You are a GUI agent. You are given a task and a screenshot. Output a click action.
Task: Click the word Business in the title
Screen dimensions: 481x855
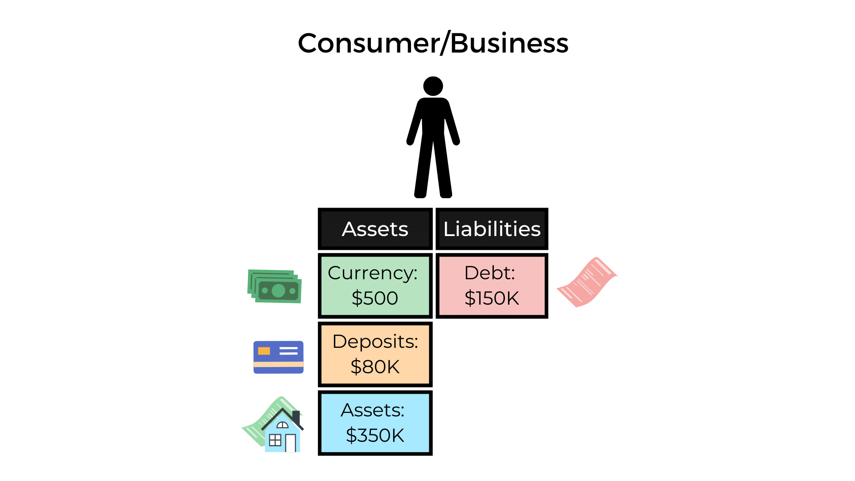pos(509,44)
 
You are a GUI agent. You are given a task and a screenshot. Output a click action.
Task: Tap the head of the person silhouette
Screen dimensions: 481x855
pos(433,86)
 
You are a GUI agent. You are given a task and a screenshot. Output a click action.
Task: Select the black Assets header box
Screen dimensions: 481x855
pos(375,229)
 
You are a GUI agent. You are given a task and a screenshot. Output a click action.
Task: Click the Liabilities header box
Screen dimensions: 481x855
pos(492,229)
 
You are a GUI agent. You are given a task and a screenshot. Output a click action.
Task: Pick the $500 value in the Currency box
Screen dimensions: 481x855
pos(375,298)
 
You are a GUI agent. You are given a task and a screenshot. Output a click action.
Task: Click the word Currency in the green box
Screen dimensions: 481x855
pos(372,273)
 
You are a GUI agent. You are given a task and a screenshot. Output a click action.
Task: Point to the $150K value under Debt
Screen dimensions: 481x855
pos(492,298)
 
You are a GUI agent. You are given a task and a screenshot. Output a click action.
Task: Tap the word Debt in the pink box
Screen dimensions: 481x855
pos(489,273)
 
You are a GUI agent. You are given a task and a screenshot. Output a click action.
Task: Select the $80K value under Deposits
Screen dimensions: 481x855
pos(375,367)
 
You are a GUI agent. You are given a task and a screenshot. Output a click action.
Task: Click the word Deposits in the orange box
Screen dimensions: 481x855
pos(375,342)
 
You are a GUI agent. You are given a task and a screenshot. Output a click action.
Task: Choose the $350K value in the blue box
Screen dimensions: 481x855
pos(375,435)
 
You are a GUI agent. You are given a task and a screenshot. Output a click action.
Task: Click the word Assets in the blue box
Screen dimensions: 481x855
pos(372,410)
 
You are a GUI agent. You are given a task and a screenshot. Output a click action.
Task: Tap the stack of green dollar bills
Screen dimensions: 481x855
pos(275,287)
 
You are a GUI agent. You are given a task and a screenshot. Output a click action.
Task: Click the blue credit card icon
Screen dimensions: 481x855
pos(278,357)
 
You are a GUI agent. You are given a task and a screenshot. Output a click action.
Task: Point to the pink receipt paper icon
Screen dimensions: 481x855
pos(587,282)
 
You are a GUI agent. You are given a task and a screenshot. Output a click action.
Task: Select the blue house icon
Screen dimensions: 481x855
pos(282,431)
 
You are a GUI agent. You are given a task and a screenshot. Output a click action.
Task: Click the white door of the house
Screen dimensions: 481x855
pos(290,443)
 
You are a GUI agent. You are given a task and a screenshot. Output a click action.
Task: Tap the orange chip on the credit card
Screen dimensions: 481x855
pos(264,351)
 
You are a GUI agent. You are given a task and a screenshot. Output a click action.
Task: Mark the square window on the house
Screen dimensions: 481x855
pos(275,440)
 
